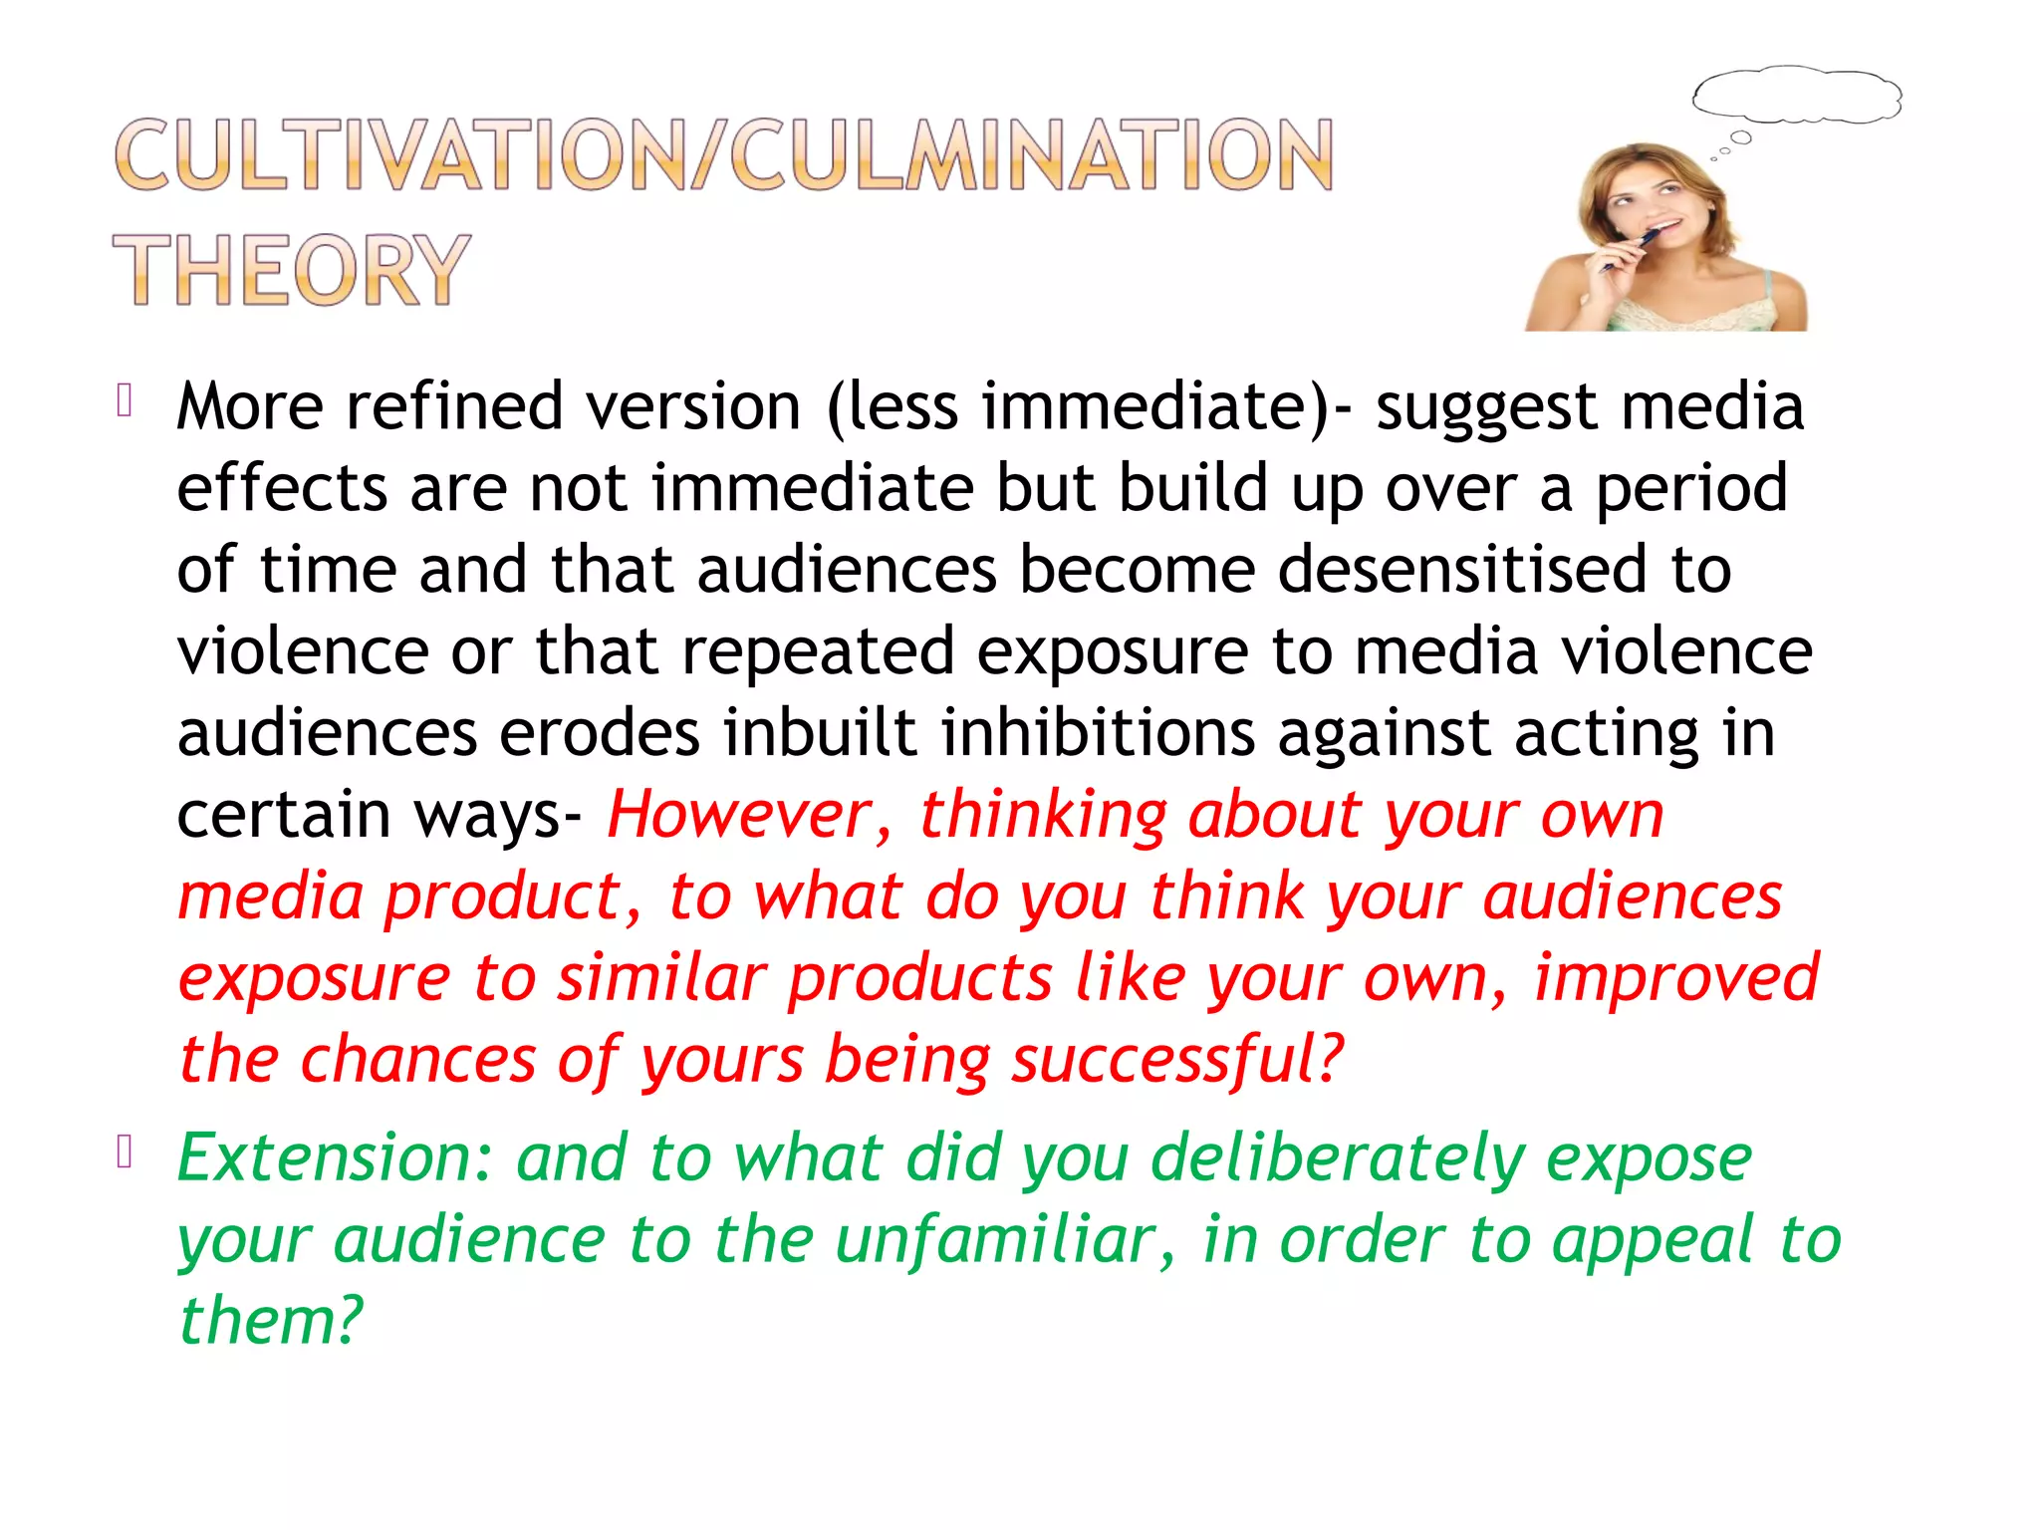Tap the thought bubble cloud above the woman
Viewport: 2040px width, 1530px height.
[x=1797, y=96]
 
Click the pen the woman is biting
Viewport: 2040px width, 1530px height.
[x=1633, y=249]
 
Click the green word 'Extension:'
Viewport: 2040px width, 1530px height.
[x=335, y=1158]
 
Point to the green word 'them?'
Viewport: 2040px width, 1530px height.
[x=270, y=1321]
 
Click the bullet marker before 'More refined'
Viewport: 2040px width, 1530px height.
[x=125, y=400]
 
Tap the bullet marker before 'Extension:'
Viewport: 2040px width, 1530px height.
[x=125, y=1152]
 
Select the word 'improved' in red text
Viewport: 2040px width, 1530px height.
[x=1676, y=978]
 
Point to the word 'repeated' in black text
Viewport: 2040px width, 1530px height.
[x=818, y=651]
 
